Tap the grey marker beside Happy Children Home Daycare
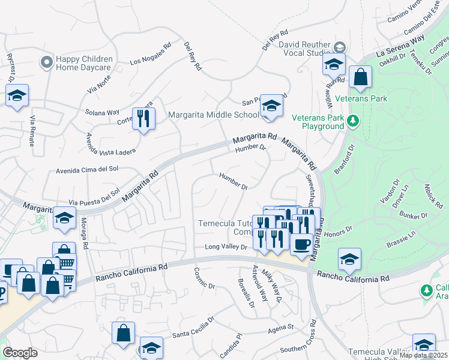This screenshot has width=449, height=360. pos(46,62)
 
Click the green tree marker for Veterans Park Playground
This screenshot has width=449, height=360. pos(353,122)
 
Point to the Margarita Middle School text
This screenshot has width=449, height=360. pos(214,115)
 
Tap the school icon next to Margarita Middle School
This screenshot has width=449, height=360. pos(272,107)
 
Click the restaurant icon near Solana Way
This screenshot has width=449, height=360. pos(143,118)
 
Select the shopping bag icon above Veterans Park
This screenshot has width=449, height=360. pos(360,77)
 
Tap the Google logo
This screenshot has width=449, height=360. pos(20,353)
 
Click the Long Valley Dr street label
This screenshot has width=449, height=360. pos(226,247)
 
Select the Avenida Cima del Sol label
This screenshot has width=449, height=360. pos(87,169)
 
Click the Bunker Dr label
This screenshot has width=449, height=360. pos(415,215)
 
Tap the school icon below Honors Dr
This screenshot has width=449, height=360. pos(349,259)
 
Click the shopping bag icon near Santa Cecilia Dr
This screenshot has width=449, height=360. pos(123,333)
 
